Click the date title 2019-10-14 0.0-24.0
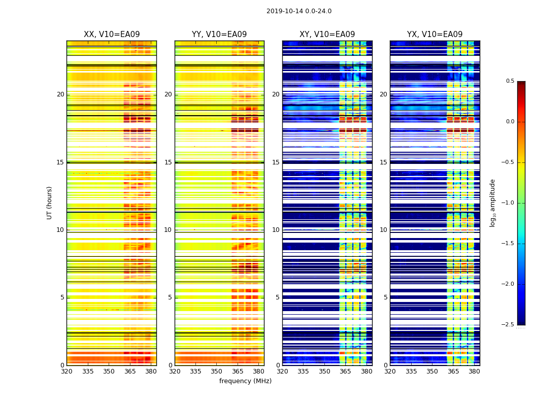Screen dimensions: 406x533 click(299, 11)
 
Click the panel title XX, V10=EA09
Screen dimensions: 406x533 click(112, 35)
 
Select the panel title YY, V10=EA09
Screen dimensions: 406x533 click(219, 35)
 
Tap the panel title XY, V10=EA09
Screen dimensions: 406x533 click(327, 35)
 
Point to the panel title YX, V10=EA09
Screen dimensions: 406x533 click(435, 35)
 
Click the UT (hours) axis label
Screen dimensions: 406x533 click(50, 202)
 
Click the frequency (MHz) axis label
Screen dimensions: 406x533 click(245, 381)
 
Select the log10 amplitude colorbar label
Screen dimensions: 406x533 click(492, 202)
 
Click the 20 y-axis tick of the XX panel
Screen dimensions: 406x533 click(60, 94)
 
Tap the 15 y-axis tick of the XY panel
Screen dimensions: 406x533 click(276, 162)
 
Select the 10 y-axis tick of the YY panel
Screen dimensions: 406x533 click(168, 230)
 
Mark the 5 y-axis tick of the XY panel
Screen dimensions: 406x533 click(277, 297)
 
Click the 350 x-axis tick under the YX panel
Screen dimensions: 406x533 click(432, 371)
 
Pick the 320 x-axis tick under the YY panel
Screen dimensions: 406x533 click(175, 371)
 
